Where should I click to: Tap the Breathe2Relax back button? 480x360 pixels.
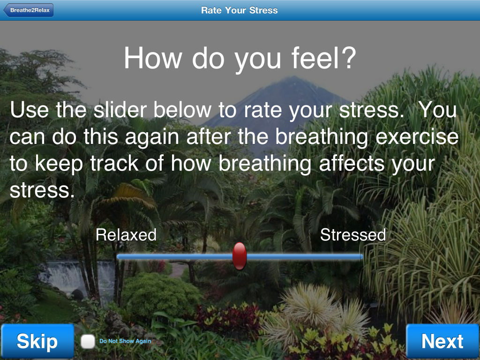[29, 10]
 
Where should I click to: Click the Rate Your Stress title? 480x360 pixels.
[240, 10]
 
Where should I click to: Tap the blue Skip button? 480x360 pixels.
[37, 341]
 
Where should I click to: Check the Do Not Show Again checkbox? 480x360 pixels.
[88, 341]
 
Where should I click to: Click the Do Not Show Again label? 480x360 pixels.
[125, 341]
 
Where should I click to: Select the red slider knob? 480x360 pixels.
[240, 256]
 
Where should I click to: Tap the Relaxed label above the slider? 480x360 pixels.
[126, 235]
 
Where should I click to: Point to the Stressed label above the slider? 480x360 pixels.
[353, 235]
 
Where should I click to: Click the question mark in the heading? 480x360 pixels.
[349, 58]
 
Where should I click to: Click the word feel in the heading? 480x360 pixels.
[315, 58]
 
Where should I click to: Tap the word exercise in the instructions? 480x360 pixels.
[417, 136]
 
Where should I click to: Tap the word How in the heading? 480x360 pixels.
[153, 58]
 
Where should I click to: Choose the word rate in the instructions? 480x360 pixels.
[262, 110]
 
